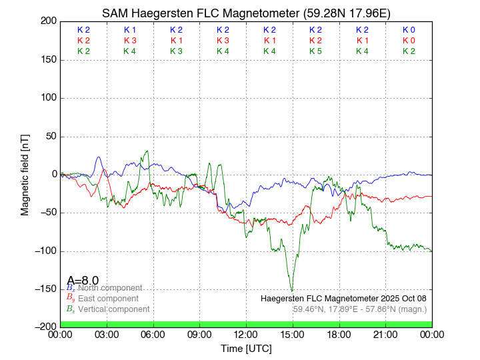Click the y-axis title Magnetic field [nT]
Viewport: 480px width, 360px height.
point(25,174)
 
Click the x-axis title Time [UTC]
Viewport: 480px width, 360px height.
point(246,349)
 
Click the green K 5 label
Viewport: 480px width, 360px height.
point(315,51)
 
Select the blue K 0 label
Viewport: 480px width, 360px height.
point(409,30)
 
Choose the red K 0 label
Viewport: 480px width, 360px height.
point(409,41)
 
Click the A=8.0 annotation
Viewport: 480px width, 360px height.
point(83,280)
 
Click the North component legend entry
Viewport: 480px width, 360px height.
point(107,288)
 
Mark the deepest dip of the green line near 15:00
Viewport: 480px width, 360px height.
point(291,291)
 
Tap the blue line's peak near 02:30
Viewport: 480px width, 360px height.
point(99,157)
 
